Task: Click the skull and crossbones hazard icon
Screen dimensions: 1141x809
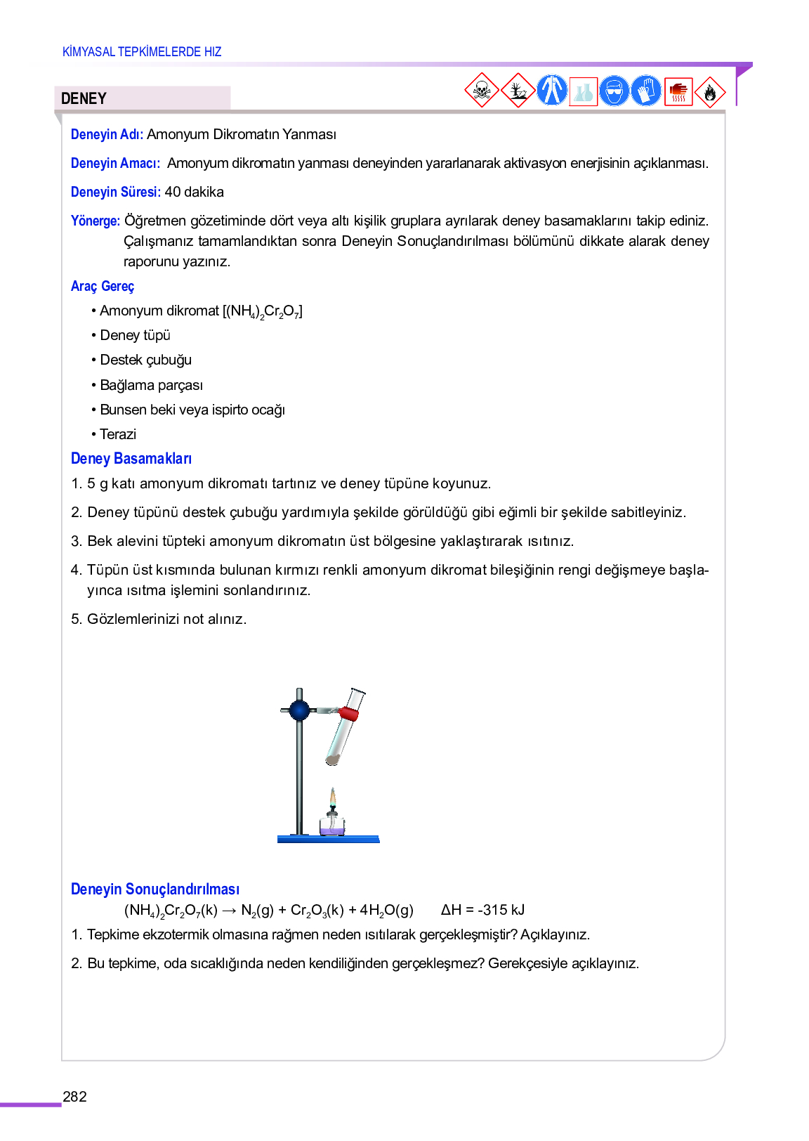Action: point(482,91)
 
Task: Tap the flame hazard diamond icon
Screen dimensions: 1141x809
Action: point(710,92)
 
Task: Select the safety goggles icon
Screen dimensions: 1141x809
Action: point(614,91)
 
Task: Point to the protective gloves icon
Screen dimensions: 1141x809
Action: point(645,91)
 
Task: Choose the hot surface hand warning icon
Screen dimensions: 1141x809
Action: point(678,91)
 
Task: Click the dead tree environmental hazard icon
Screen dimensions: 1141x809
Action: point(518,91)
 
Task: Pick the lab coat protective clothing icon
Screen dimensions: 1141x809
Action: point(551,91)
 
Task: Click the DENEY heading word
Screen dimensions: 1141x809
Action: point(84,98)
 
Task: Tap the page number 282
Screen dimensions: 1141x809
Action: point(74,1097)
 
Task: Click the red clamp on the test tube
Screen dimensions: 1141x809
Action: point(348,714)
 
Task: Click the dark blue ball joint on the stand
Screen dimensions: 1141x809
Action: point(299,710)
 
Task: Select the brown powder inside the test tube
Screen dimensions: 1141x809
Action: point(332,759)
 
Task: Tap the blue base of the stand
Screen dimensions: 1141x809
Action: point(328,839)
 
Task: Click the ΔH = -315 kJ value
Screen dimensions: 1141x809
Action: point(482,910)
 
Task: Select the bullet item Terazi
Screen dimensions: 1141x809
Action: point(117,434)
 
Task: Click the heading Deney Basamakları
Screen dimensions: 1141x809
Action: point(131,459)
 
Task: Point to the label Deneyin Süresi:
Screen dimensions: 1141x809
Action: point(116,192)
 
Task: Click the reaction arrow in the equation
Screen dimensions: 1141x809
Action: point(229,911)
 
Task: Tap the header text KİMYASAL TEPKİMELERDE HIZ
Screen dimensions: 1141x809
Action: point(142,52)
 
